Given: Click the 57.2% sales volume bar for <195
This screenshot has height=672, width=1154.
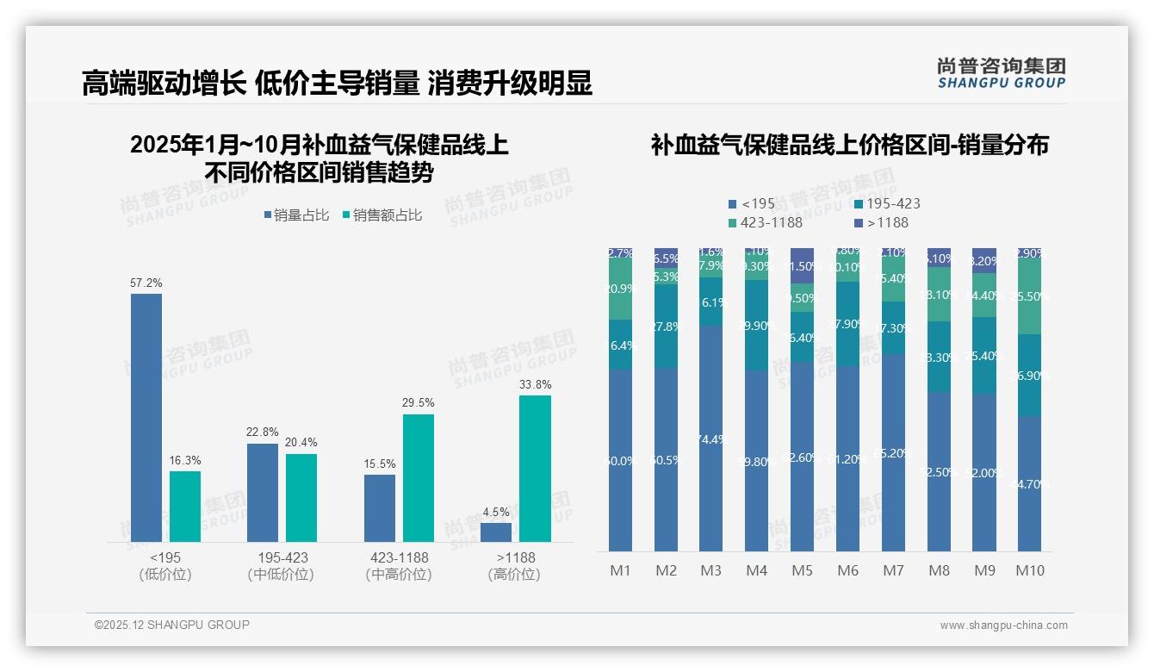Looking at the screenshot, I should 146,418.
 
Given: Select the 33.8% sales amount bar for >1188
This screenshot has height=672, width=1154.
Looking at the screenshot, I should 535,469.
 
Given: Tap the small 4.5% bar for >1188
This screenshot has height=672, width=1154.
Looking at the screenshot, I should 496,532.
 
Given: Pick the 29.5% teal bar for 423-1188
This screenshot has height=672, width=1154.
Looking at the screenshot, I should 419,478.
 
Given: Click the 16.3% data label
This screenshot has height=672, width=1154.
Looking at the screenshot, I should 185,461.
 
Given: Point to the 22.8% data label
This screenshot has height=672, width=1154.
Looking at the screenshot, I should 263,432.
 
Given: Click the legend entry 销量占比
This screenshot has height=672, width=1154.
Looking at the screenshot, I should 295,215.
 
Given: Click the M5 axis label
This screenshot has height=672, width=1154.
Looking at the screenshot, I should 802,570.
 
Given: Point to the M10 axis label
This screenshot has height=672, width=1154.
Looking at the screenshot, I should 1029,570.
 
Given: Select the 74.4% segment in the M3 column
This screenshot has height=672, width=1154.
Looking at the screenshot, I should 710,439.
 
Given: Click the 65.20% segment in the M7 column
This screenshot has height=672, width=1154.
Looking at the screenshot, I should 893,452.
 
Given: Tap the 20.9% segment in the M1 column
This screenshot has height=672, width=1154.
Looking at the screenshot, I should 620,289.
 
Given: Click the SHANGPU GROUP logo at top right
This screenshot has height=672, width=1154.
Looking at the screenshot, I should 1001,73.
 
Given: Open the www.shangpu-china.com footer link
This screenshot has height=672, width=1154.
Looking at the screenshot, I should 1003,625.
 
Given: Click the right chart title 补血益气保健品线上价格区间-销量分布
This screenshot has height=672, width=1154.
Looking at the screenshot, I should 849,146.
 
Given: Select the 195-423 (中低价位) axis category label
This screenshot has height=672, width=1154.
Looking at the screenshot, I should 282,566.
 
